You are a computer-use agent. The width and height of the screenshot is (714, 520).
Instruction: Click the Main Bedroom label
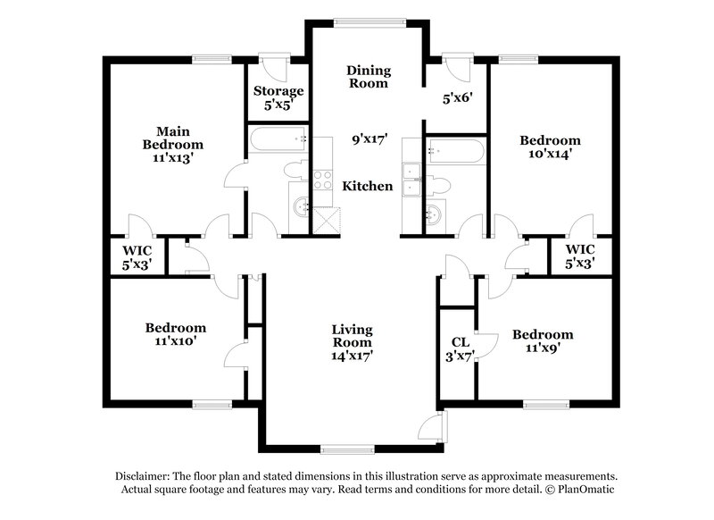coord(173,137)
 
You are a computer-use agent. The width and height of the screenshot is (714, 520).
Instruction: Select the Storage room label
coord(278,91)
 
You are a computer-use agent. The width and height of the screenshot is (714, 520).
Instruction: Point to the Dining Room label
coord(368,76)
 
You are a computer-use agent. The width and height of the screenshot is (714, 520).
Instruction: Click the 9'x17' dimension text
coord(368,138)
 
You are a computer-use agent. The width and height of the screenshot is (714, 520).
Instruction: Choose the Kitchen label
coord(368,187)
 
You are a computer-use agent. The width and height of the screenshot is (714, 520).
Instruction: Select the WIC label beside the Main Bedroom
coord(137,251)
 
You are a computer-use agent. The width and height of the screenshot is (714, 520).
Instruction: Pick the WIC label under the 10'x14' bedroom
coord(580,251)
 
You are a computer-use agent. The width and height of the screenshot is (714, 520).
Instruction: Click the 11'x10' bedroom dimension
coord(176,341)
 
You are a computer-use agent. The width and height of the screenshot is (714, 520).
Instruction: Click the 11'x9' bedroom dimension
coord(543,348)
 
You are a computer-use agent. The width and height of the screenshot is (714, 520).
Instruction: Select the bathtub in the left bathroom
coord(278,138)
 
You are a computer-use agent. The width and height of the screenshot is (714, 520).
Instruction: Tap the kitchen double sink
coord(412,179)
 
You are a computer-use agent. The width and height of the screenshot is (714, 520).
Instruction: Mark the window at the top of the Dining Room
coord(367,21)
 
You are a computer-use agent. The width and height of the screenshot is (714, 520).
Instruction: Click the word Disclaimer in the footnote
coord(143,476)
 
